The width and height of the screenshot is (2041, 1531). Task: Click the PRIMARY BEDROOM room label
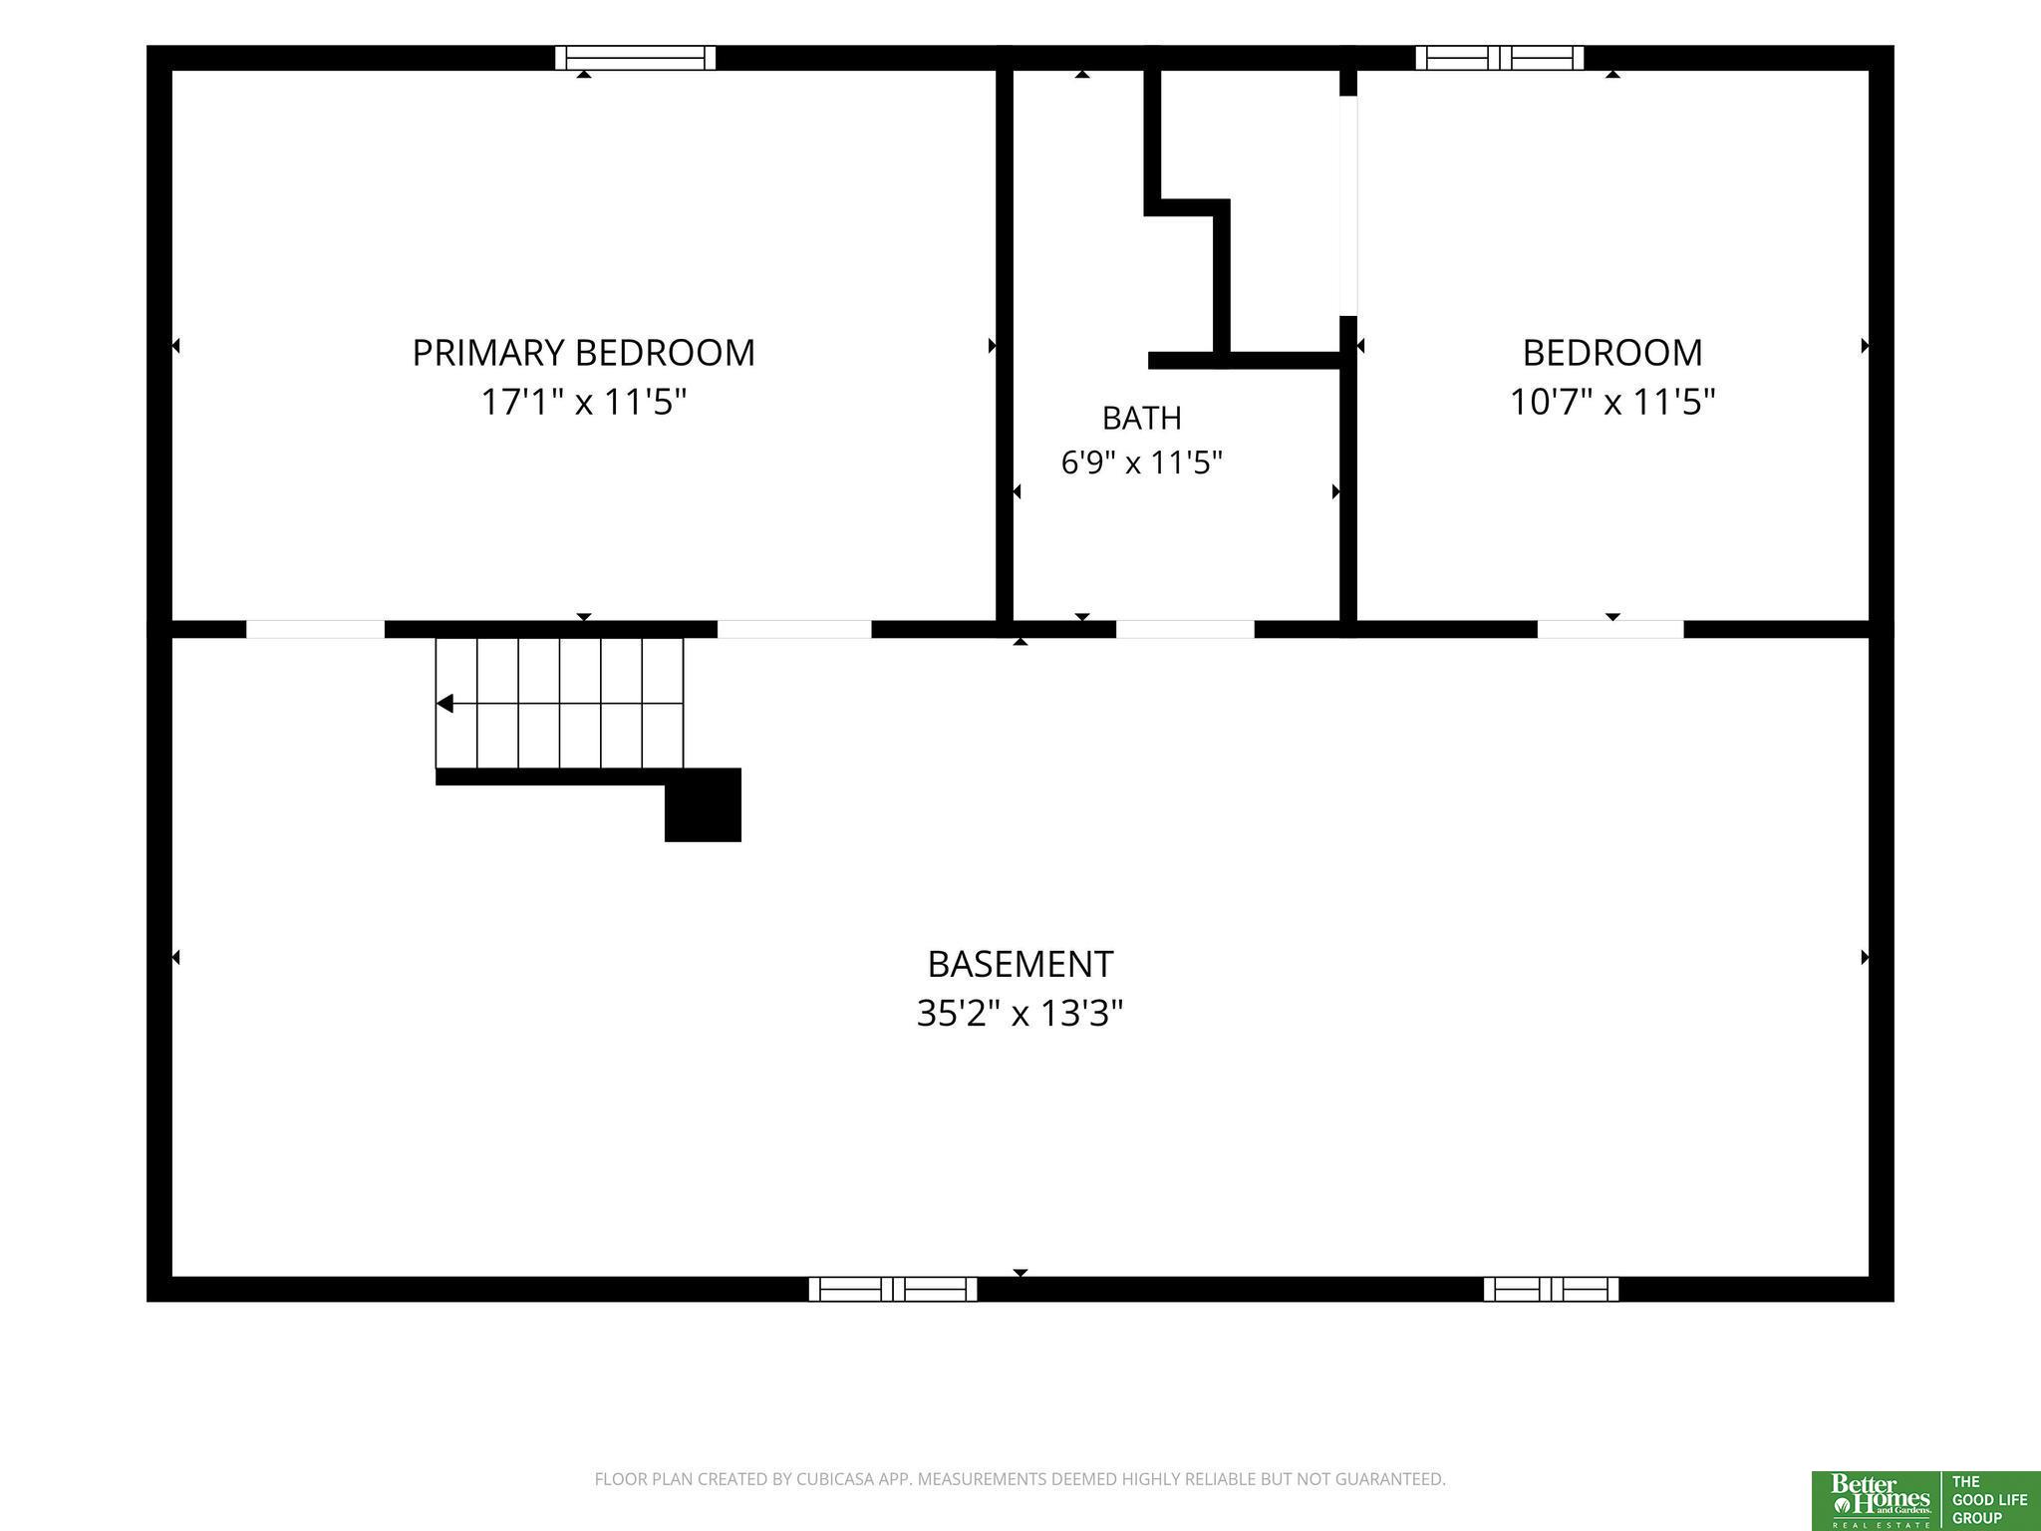[583, 353]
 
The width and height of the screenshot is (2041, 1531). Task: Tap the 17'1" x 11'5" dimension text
[584, 403]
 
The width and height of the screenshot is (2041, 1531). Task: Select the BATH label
[1142, 418]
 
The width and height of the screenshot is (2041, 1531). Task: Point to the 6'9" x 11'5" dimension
[1142, 462]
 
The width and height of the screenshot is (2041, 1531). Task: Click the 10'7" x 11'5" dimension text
[1612, 403]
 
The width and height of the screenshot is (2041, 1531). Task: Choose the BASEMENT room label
[1020, 964]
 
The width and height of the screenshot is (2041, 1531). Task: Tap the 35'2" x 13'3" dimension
[1020, 1014]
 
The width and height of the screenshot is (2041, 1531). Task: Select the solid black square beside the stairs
[704, 805]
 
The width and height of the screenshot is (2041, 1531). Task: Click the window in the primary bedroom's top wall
[635, 58]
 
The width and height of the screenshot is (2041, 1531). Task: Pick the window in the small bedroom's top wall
[1499, 58]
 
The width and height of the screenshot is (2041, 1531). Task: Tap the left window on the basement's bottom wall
[893, 1289]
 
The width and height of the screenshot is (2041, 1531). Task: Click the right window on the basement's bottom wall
[1551, 1289]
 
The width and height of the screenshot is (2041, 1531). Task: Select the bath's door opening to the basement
[1185, 629]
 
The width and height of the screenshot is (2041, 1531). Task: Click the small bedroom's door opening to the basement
[1610, 629]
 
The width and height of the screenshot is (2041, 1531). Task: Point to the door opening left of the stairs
[315, 629]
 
